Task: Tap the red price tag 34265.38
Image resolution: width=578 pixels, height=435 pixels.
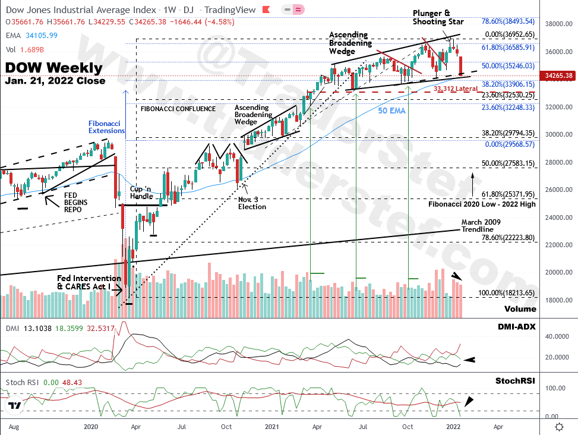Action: pos(558,76)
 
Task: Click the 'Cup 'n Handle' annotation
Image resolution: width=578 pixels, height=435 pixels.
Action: pos(142,193)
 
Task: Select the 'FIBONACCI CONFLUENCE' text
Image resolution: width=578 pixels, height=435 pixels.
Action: pos(178,109)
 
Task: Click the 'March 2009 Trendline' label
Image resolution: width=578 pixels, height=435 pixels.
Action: pos(477,226)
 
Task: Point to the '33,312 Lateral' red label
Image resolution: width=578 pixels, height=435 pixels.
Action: pos(456,89)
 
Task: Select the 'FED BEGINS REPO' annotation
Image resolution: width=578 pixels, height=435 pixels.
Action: pos(75,202)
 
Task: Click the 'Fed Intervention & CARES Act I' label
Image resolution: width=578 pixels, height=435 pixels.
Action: pos(89,282)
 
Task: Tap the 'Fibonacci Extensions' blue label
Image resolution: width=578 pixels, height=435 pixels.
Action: pos(107,126)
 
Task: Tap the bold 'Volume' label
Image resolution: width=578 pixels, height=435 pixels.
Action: pos(520,309)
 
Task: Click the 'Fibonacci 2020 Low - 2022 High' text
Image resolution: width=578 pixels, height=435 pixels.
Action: pos(481,204)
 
